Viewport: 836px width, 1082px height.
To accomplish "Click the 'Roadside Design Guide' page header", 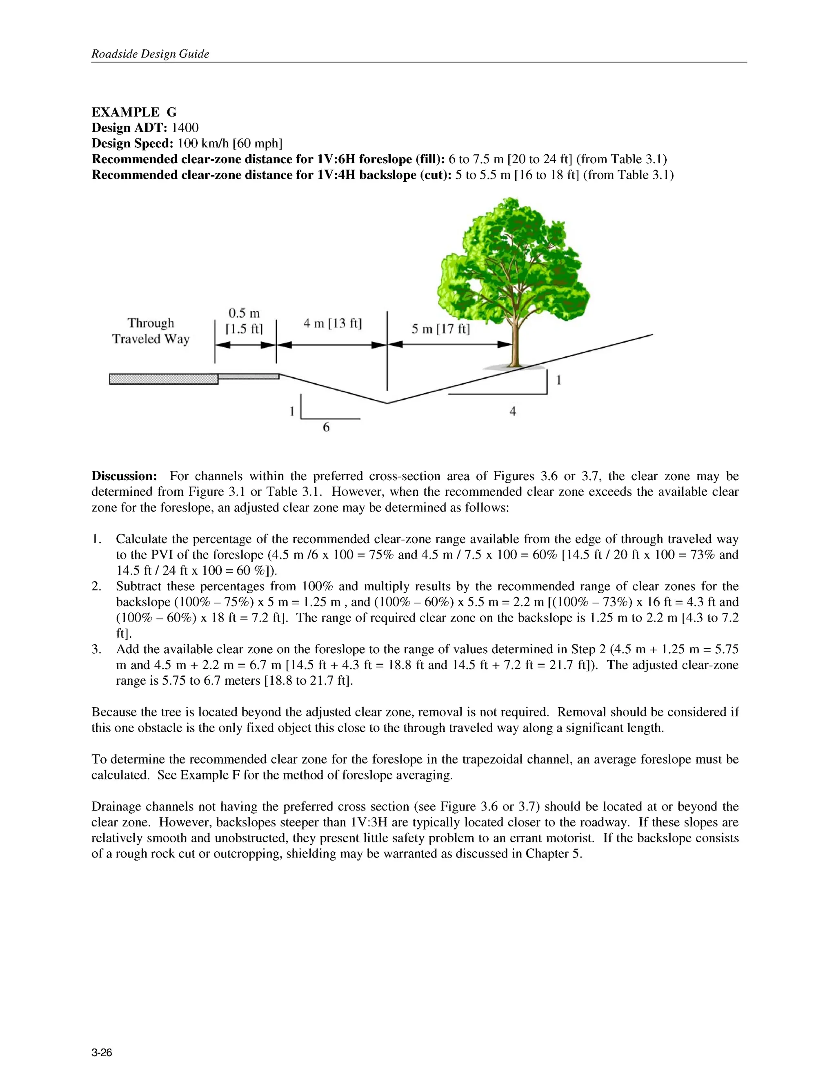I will pyautogui.click(x=150, y=54).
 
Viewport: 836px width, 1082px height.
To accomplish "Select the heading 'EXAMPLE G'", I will pyautogui.click(x=134, y=112).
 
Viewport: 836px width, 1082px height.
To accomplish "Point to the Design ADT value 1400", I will pyautogui.click(x=185, y=128).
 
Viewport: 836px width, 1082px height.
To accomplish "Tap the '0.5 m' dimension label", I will pyautogui.click(x=244, y=313).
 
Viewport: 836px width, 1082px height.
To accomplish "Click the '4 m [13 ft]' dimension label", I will pyautogui.click(x=332, y=323).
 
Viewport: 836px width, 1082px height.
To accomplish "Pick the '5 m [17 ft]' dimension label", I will pyautogui.click(x=440, y=329).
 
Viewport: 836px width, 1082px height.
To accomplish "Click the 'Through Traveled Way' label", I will pyautogui.click(x=151, y=331).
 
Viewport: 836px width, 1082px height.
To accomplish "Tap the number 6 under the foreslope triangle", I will pyautogui.click(x=326, y=427).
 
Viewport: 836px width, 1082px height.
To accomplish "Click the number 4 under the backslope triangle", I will pyautogui.click(x=513, y=411).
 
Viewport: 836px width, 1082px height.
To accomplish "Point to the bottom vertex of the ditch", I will pyautogui.click(x=387, y=403).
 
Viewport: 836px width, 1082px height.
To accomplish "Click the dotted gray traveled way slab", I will pyautogui.click(x=163, y=379).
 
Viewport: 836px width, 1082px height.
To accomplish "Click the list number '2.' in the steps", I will pyautogui.click(x=97, y=587).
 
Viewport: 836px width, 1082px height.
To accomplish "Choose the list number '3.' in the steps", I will pyautogui.click(x=97, y=650).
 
